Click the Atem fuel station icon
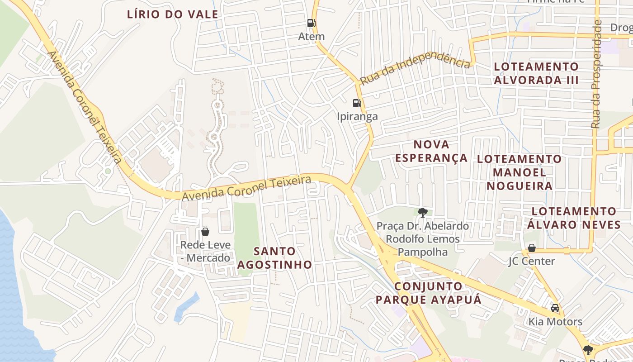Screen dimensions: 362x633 pos(311,23)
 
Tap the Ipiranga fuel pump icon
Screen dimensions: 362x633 pos(357,103)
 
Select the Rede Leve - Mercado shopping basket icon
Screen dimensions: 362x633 pos(205,232)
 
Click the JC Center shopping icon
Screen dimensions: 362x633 pos(532,248)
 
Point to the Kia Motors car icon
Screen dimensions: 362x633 pos(555,308)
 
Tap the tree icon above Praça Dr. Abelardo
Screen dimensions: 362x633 pos(423,212)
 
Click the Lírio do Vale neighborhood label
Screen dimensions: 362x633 pos(173,14)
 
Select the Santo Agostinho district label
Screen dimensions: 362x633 pos(275,258)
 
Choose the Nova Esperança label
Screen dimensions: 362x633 pos(431,151)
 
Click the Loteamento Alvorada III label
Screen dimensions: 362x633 pos(536,73)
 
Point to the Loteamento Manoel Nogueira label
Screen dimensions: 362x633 pos(520,172)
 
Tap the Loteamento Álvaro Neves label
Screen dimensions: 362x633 pos(574,218)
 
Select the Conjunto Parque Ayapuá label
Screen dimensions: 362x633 pos(429,293)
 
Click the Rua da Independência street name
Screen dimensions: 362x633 pos(415,69)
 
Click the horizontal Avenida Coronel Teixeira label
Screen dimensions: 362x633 pos(246,189)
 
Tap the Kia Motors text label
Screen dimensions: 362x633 pos(556,322)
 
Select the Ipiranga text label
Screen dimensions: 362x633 pos(357,116)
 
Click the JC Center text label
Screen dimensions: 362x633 pos(532,261)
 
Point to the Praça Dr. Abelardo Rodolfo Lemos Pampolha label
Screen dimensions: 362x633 pos(423,238)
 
